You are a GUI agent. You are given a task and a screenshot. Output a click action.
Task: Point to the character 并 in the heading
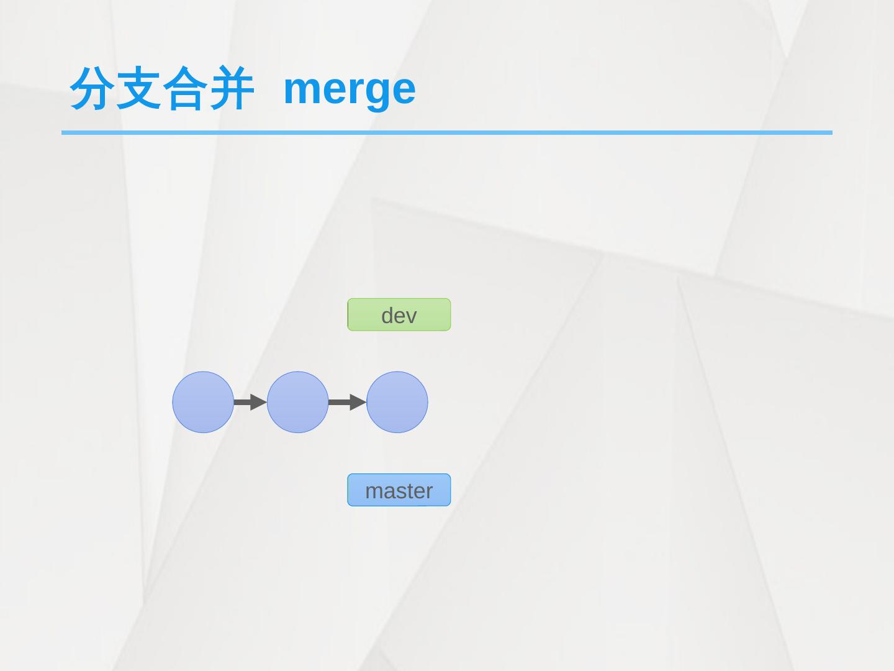coord(230,88)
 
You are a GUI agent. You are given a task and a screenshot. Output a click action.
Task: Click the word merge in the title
coord(350,88)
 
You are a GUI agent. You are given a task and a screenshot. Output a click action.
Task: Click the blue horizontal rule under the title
coord(446,132)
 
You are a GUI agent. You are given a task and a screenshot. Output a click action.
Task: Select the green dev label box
coord(399,314)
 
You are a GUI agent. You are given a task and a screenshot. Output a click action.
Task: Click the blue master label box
coord(399,490)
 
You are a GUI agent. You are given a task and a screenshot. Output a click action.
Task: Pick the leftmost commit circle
coord(203,402)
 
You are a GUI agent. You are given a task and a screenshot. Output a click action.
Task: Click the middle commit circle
coord(297,402)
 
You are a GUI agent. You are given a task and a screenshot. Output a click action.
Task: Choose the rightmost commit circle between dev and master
coord(397,402)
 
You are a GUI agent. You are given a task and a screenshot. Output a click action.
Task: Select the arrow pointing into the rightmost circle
coord(347,402)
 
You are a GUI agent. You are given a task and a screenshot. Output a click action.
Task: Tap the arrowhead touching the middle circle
coord(258,402)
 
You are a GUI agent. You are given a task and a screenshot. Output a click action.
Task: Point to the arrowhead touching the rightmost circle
coord(358,402)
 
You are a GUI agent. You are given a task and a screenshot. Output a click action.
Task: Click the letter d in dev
coord(387,315)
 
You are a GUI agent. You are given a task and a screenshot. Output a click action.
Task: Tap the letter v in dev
coord(410,317)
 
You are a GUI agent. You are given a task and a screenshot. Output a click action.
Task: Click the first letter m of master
coord(372,491)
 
